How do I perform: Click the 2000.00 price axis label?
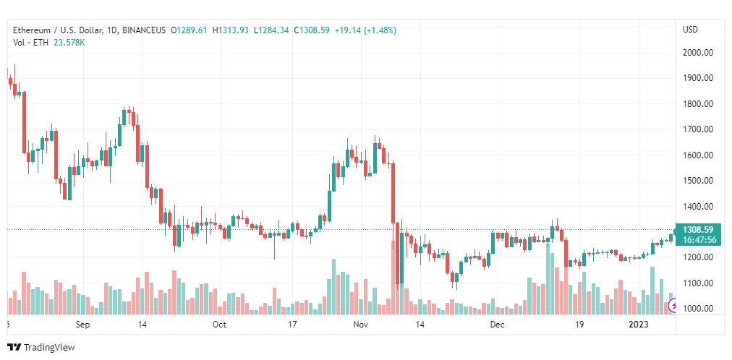[x=698, y=53]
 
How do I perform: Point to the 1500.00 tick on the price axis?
[x=698, y=181]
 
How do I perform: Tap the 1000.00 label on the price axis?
[x=698, y=309]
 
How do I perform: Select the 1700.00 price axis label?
[x=698, y=129]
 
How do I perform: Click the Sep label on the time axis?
[x=82, y=325]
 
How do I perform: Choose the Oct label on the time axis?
[x=219, y=325]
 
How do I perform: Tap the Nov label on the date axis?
[x=362, y=325]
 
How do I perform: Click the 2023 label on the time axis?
[x=638, y=325]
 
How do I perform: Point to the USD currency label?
[x=691, y=30]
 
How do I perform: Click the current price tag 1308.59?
[x=697, y=230]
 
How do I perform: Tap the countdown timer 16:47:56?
[x=697, y=240]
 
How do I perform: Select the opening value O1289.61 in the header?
[x=189, y=30]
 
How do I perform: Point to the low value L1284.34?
[x=271, y=30]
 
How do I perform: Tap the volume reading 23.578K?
[x=70, y=43]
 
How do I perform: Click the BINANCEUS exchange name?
[x=144, y=30]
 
